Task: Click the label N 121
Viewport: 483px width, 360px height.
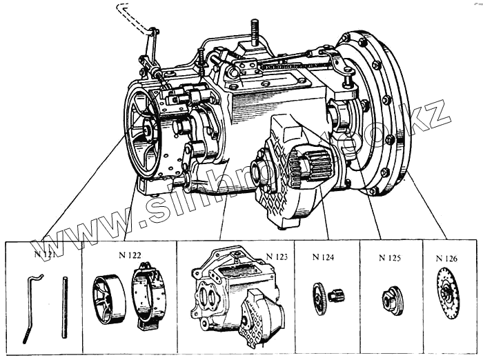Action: (x=43, y=253)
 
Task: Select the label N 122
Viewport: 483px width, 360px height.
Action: (x=130, y=255)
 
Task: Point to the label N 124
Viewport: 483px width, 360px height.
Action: (x=323, y=258)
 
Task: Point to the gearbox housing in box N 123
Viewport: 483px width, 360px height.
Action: (x=235, y=293)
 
